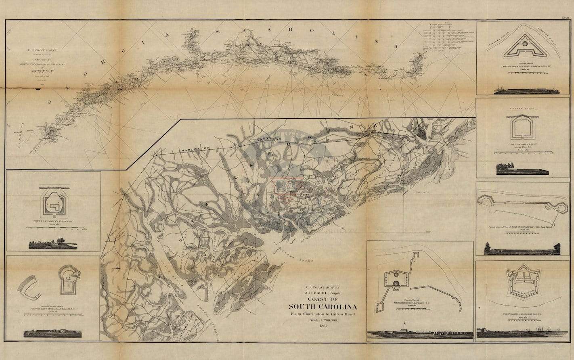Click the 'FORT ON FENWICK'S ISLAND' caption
[x=54, y=221]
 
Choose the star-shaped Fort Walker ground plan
[x=523, y=280]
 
